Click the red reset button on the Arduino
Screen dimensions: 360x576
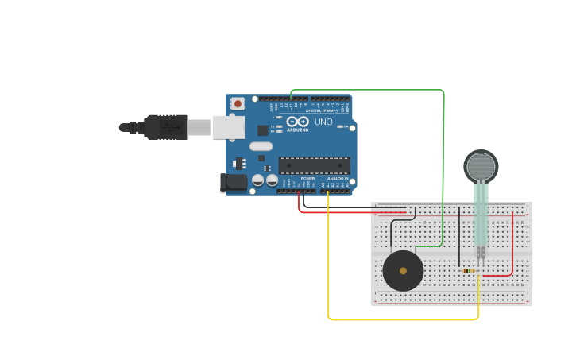click(238, 103)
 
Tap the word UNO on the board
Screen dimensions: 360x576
click(323, 122)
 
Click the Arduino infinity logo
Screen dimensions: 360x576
click(297, 122)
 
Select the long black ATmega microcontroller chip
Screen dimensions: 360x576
click(314, 165)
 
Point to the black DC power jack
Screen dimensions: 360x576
click(234, 182)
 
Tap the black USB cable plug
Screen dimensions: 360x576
click(166, 127)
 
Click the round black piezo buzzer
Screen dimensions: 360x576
click(403, 271)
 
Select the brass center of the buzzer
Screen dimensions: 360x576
click(403, 271)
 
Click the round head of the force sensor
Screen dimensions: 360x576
click(481, 166)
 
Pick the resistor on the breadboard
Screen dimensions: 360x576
click(469, 270)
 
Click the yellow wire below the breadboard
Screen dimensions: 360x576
click(397, 319)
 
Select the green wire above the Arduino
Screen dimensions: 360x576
click(365, 90)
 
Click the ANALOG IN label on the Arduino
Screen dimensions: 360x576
click(338, 178)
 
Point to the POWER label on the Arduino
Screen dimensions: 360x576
click(307, 178)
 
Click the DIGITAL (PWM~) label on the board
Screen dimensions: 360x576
click(322, 110)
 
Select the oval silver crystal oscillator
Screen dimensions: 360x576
click(261, 146)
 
